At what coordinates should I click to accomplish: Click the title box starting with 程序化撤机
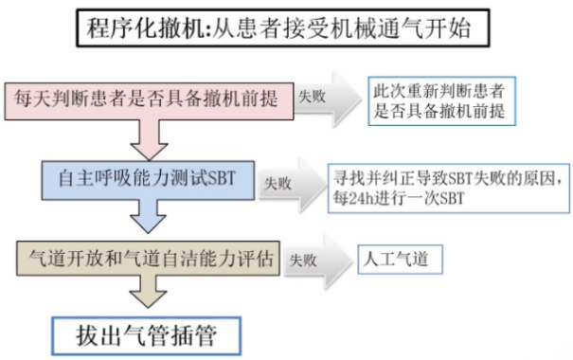point(285,29)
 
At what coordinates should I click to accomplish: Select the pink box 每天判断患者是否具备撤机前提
point(148,97)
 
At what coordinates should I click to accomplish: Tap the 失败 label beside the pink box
point(313,96)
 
